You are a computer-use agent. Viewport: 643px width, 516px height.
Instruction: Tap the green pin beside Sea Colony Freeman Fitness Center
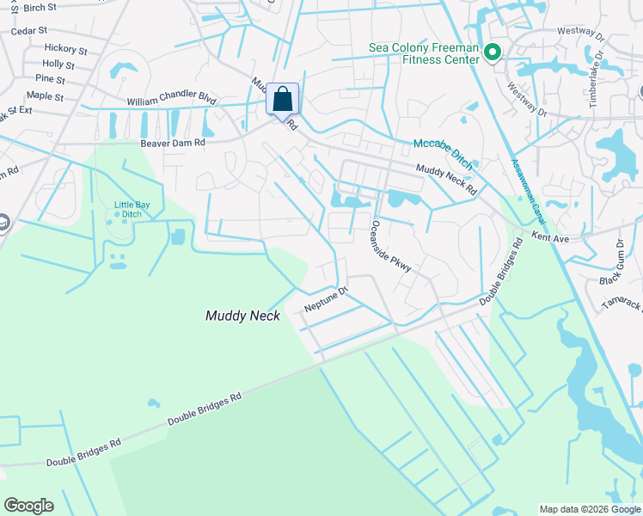pos(493,53)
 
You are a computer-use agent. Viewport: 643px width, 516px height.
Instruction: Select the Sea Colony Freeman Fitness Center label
pos(423,53)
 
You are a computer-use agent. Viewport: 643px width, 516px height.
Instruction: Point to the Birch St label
pos(40,8)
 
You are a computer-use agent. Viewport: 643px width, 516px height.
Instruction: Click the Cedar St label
pos(28,31)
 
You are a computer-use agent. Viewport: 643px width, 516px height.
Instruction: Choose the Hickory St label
pos(65,50)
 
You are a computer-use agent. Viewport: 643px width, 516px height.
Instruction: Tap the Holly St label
pos(58,64)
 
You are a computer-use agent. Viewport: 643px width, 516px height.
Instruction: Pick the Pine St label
pos(50,78)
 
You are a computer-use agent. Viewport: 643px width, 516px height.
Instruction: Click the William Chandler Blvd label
pos(171,101)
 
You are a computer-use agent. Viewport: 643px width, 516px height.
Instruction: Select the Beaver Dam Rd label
pos(172,143)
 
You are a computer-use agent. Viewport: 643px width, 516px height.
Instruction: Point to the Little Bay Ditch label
pos(132,209)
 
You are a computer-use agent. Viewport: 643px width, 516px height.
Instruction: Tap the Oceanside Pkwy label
pos(391,246)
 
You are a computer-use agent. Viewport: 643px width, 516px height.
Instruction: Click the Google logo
pos(28,506)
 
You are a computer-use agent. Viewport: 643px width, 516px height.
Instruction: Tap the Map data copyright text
pos(590,509)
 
